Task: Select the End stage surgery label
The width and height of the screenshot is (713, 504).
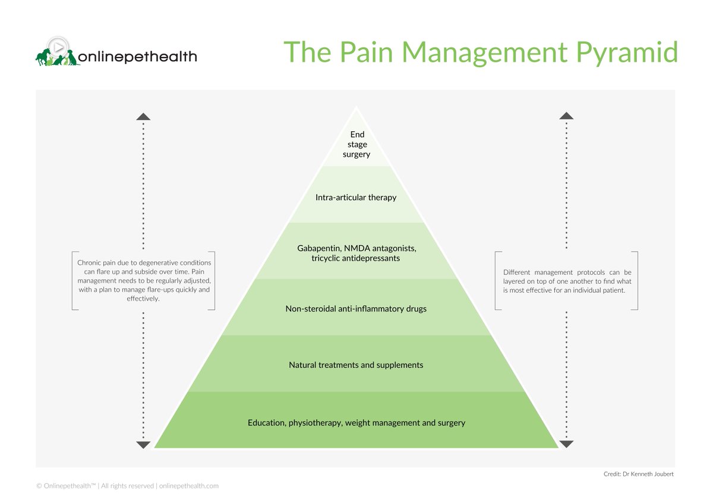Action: coord(356,144)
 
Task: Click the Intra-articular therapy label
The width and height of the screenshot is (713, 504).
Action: coord(356,197)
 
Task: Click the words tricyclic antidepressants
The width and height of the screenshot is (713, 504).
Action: coord(355,258)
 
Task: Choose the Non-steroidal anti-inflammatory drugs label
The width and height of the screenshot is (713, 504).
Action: coord(356,309)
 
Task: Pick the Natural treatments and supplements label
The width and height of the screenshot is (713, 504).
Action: coord(356,365)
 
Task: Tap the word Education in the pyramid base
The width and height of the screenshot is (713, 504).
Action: coord(266,423)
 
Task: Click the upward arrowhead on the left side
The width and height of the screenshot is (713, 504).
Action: coord(143,116)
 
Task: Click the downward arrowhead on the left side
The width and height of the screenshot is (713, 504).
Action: coord(143,445)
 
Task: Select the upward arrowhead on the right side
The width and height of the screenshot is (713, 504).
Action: coord(566,116)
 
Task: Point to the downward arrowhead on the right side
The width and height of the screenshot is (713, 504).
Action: coord(566,444)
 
